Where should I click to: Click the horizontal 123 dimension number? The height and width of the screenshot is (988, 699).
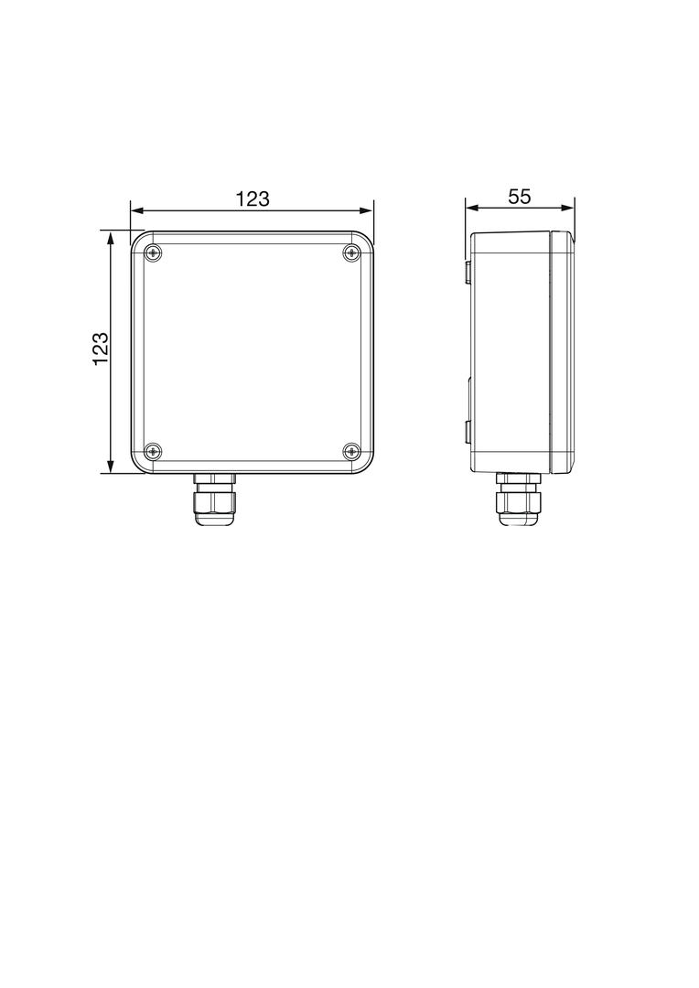click(253, 199)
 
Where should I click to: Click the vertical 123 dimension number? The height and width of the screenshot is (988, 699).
click(101, 349)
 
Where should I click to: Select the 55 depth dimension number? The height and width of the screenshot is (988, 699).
click(520, 198)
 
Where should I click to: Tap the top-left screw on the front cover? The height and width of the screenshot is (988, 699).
click(153, 252)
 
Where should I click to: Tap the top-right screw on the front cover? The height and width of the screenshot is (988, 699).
click(351, 252)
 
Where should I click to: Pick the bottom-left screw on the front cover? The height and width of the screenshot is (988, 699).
click(153, 450)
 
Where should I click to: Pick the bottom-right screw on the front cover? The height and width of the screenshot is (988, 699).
click(351, 450)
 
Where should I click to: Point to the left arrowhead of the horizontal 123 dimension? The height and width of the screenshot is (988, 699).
click(136, 210)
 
